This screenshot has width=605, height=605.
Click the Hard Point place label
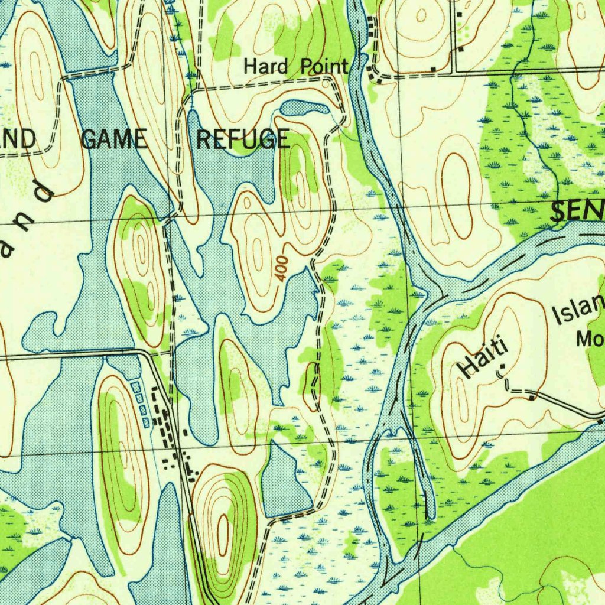tap(296, 66)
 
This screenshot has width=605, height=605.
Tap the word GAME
tap(113, 139)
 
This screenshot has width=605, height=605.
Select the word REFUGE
tap(243, 140)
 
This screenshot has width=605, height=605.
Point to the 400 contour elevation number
tap(282, 267)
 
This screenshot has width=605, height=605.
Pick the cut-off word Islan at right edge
tap(580, 311)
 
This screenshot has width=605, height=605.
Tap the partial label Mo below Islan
tap(590, 340)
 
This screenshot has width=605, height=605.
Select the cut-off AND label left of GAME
tap(18, 139)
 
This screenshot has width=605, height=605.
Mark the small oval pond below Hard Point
tap(304, 108)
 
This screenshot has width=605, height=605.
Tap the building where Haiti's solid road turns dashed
tap(532, 398)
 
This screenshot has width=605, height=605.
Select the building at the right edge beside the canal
tap(600, 421)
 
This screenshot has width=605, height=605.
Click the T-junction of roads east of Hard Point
tap(453, 73)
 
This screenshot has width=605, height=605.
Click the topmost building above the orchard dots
tap(459, 13)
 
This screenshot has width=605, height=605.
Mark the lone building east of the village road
tap(185, 433)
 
